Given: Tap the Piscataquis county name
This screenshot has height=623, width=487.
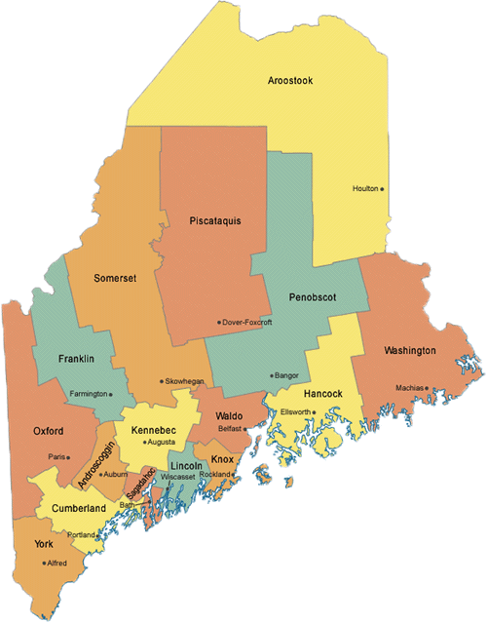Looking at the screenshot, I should [x=215, y=221].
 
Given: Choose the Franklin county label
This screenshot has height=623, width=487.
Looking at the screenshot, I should [x=76, y=359].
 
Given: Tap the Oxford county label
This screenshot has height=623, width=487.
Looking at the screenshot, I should [x=47, y=430].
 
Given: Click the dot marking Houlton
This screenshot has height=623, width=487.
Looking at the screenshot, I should [x=383, y=189].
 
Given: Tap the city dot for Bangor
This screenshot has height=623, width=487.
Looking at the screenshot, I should [x=271, y=375].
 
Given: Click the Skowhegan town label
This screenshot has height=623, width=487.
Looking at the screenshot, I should [x=184, y=381].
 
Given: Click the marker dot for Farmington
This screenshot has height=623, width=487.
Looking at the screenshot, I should [x=111, y=395].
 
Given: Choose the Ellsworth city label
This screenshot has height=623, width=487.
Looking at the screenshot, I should [x=293, y=411].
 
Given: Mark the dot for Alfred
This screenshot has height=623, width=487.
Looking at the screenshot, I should [x=43, y=563].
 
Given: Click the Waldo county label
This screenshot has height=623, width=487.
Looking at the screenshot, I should [x=229, y=415].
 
